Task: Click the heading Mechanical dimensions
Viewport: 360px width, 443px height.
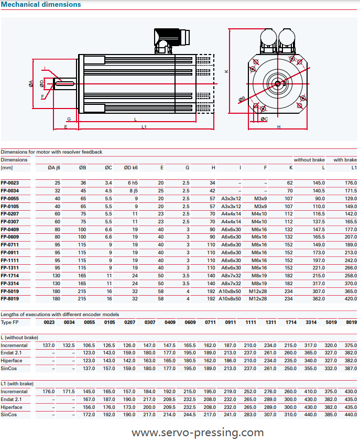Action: point(41,5)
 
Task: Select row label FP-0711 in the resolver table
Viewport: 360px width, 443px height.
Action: point(10,245)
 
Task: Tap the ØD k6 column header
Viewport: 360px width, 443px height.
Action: point(130,168)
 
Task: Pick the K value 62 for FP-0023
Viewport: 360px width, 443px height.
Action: point(289,183)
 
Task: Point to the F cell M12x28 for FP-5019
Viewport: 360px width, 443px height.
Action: point(257,291)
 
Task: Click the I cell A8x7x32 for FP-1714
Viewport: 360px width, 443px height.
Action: point(231,276)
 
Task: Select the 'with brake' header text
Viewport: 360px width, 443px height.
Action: point(345,160)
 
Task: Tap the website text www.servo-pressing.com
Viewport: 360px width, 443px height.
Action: point(198,433)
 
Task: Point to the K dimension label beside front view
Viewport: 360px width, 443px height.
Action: point(226,72)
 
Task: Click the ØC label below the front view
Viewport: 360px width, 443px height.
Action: point(264,119)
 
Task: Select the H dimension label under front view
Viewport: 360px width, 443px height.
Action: point(279,127)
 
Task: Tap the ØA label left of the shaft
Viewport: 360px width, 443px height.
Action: point(31,83)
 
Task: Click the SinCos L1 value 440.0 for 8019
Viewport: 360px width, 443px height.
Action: point(350,415)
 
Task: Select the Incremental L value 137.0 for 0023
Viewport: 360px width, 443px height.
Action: point(49,345)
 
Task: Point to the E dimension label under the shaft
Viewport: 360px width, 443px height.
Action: point(66,127)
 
